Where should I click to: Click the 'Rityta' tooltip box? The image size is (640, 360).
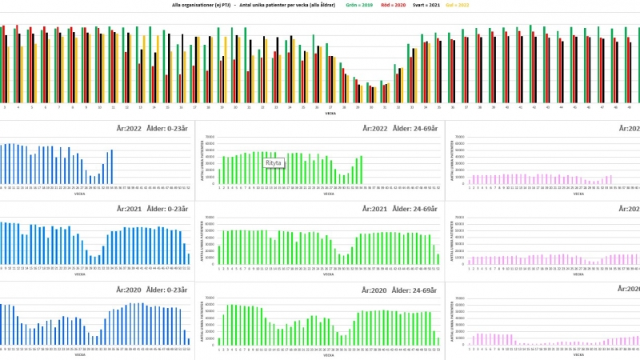click(275, 162)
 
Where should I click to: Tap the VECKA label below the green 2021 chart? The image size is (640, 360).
click(329, 274)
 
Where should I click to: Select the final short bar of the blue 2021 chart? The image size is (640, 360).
click(189, 258)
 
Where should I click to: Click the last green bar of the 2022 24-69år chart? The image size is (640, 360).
click(362, 169)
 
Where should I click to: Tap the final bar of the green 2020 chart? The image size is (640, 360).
click(438, 341)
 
